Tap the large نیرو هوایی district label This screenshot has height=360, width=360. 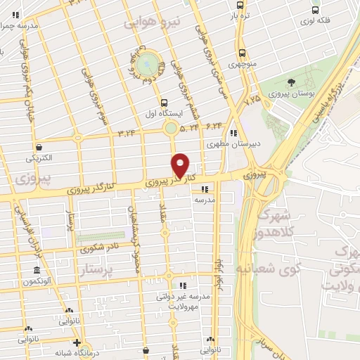click(153, 22)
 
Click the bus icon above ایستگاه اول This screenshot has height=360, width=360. click(163, 101)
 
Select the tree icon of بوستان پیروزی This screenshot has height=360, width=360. click(291, 82)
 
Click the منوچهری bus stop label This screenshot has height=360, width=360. click(241, 64)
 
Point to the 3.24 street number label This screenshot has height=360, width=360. click(127, 131)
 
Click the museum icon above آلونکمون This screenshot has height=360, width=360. click(37, 271)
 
